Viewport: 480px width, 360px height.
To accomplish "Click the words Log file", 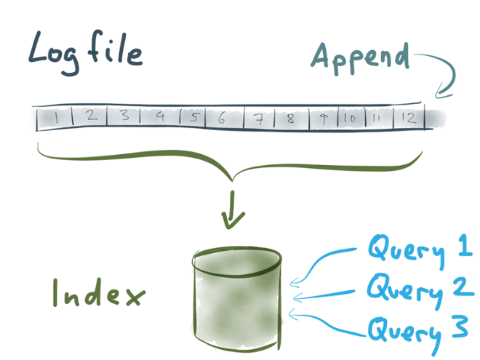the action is click(85, 52).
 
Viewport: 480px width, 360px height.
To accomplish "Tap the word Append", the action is click(360, 58).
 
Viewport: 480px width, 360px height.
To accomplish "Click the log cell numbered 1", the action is click(55, 118).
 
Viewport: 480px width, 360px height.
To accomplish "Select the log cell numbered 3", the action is click(124, 116).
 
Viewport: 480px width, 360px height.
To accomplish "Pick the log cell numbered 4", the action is click(160, 116).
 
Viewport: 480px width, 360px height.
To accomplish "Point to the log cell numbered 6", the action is click(225, 117).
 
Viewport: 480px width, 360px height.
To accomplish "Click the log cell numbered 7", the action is click(260, 118).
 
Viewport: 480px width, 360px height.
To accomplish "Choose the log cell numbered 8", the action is click(292, 118).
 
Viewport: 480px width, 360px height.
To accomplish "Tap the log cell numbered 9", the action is click(324, 119).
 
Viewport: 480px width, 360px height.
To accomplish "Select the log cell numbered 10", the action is click(351, 118).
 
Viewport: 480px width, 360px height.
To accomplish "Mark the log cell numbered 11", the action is click(380, 118).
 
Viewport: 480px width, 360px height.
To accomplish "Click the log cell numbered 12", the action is click(409, 117).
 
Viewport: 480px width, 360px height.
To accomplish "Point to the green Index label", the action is click(99, 293).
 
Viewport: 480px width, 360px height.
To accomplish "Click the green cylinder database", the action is click(236, 298).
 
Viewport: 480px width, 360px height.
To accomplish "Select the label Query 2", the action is click(420, 290).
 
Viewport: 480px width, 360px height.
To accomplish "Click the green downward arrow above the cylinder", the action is click(233, 210).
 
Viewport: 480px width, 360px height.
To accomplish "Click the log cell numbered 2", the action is click(90, 117).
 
